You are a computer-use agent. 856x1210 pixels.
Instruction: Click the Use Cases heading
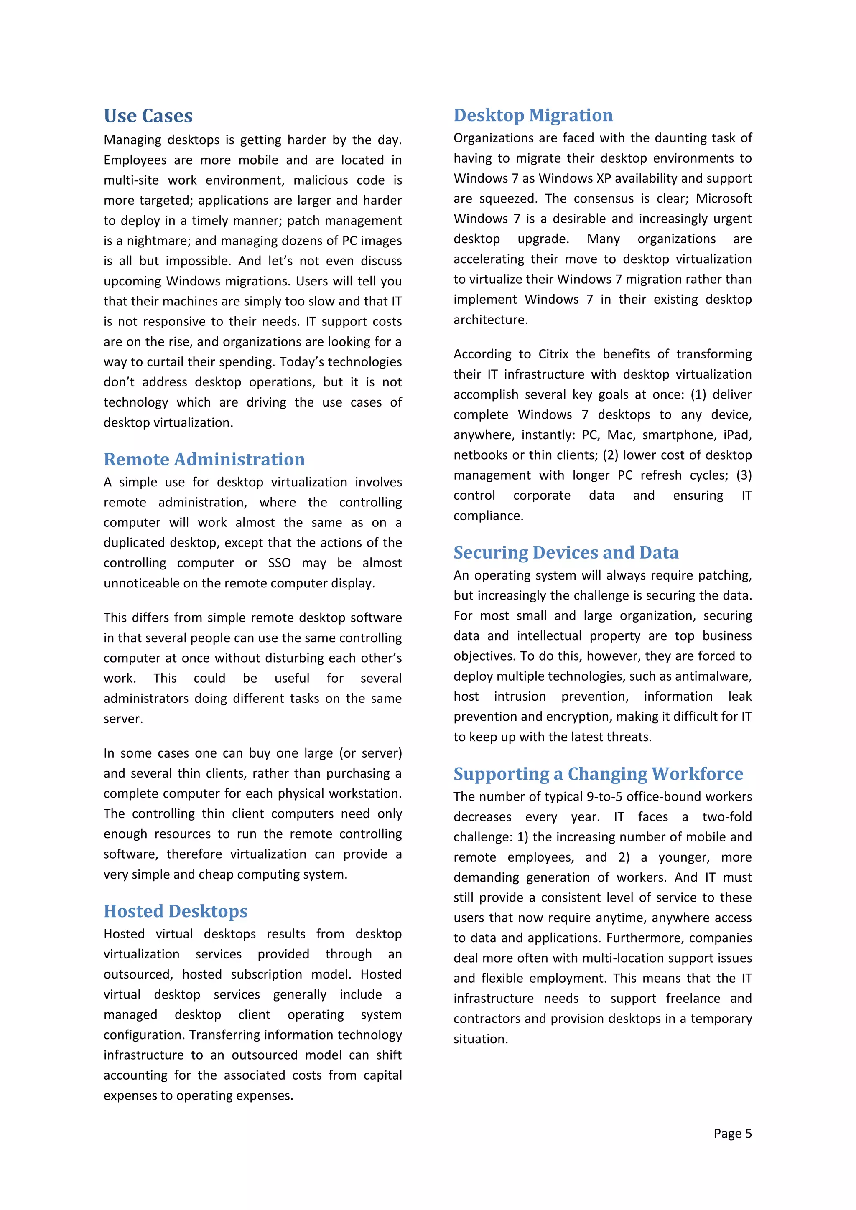pos(148,116)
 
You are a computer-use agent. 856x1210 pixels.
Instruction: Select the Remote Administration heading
pos(204,459)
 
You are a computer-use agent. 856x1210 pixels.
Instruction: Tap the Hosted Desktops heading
pos(176,911)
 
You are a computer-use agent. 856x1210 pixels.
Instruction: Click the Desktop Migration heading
pos(533,115)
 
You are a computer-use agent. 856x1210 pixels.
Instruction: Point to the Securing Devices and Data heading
pos(566,552)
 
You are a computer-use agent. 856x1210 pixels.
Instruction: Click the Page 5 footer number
pos(732,1133)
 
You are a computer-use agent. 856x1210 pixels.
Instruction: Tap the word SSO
pos(279,563)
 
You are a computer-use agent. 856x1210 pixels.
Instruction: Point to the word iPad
pos(737,435)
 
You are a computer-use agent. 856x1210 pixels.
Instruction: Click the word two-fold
pos(726,817)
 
